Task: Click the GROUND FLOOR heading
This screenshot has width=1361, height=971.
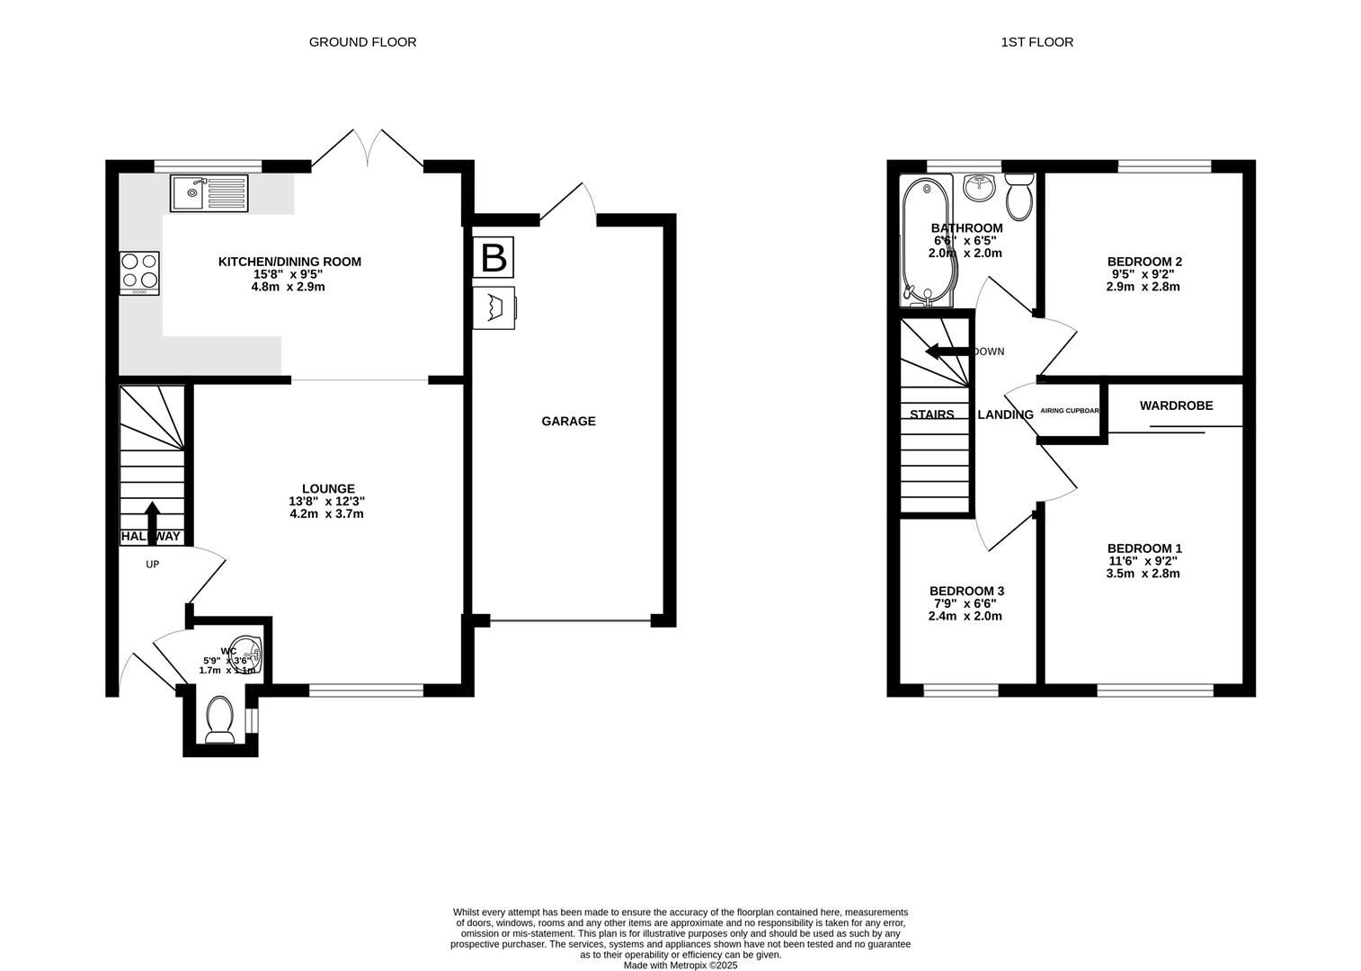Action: [x=362, y=41]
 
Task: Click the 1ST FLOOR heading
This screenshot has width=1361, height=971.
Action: [x=1036, y=41]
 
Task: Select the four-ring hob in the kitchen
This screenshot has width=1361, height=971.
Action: [x=139, y=272]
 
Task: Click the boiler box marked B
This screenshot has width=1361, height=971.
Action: [x=494, y=257]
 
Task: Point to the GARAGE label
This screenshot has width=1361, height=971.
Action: [x=568, y=421]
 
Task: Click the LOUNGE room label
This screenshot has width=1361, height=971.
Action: [x=327, y=489]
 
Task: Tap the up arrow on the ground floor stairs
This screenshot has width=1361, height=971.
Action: [x=151, y=520]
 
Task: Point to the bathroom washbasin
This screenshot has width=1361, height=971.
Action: [x=978, y=187]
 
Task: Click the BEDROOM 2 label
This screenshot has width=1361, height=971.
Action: [x=1143, y=262]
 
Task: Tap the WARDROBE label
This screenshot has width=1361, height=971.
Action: [x=1176, y=405]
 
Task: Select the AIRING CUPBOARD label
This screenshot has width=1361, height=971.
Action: [x=1070, y=411]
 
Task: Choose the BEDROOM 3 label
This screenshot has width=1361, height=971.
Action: [x=966, y=591]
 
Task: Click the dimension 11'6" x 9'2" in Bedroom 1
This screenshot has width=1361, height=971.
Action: [x=1143, y=561]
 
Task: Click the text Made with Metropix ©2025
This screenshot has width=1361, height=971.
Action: [x=680, y=966]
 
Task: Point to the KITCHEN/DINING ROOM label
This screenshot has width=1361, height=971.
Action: [x=289, y=262]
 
